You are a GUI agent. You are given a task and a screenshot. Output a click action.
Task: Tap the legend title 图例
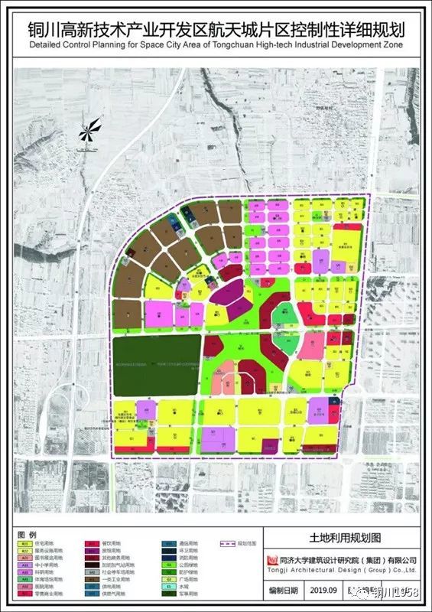pyautogui.click(x=26, y=533)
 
